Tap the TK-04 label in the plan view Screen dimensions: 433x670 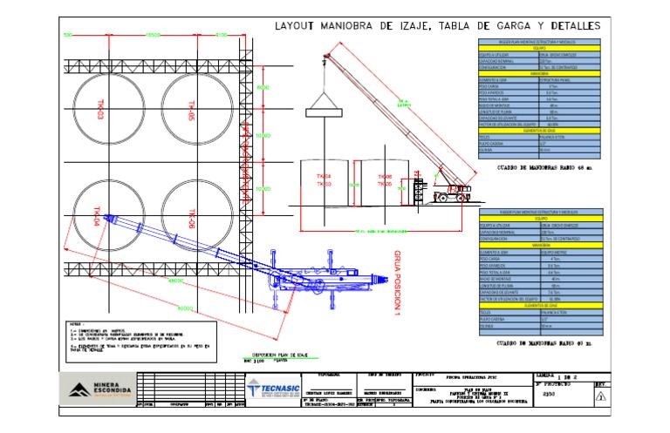(98, 216)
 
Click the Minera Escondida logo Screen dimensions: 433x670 (97, 388)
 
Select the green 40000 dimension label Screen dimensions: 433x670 (184, 309)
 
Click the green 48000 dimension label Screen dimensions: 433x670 (174, 281)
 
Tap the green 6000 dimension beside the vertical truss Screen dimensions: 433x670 (264, 87)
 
